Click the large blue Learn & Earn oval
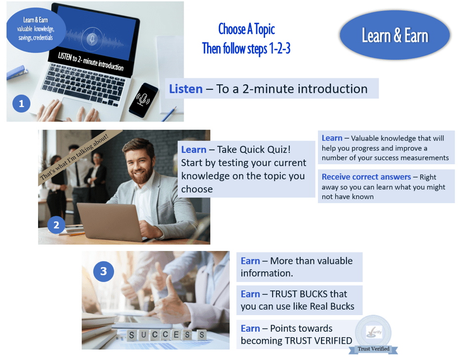click(x=394, y=35)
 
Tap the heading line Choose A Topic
click(x=246, y=29)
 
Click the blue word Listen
click(x=186, y=89)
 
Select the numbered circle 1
click(x=21, y=104)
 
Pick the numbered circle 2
click(x=56, y=225)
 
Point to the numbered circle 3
click(x=103, y=271)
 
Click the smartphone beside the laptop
click(x=144, y=100)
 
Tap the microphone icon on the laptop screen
click(x=92, y=39)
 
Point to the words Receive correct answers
click(x=366, y=177)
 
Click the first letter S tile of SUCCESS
click(x=131, y=335)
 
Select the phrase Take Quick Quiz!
click(x=254, y=149)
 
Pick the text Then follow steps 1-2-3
click(x=246, y=48)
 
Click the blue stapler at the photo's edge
click(x=17, y=72)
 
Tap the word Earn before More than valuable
click(x=250, y=261)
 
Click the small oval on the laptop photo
click(x=36, y=30)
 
